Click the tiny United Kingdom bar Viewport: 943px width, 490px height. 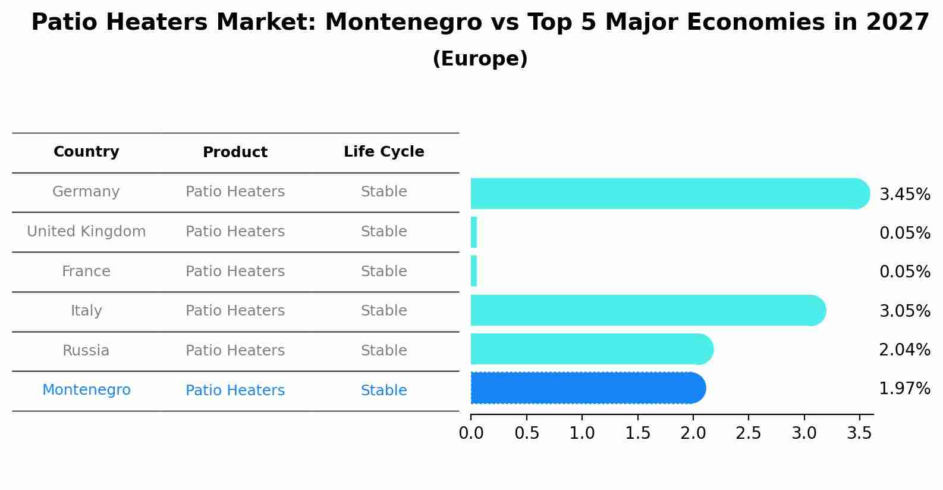point(474,232)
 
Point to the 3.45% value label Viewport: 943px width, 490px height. point(904,195)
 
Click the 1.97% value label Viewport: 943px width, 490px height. point(904,389)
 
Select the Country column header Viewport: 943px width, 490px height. point(86,152)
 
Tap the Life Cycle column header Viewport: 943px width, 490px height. point(384,152)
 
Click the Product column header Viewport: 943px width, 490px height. point(235,152)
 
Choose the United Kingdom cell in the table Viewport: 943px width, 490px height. point(86,232)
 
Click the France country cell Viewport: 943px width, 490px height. point(86,271)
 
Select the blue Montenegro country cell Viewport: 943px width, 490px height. point(86,390)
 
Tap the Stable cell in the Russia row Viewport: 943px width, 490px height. point(384,351)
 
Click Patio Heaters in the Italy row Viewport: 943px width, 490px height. point(235,311)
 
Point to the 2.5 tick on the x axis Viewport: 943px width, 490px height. point(748,433)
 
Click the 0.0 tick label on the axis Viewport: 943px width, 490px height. point(471,433)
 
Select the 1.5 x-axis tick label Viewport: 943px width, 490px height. point(637,433)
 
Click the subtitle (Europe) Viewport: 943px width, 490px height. point(480,59)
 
